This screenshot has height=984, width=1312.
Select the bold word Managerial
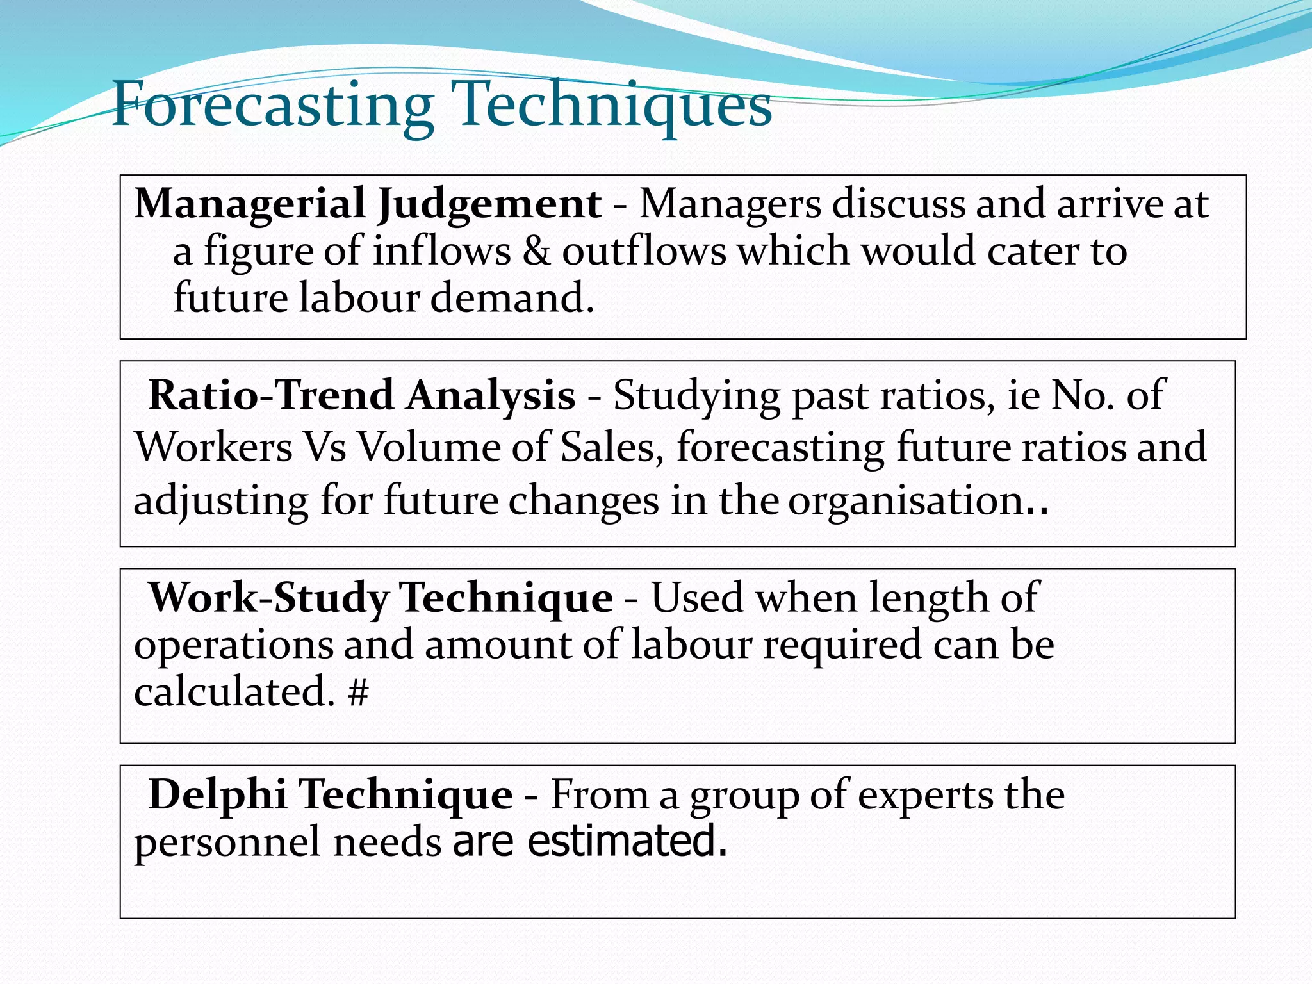(250, 204)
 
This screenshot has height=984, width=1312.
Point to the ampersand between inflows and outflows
(536, 251)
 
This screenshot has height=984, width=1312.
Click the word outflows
(644, 251)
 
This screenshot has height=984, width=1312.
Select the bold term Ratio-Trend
(271, 395)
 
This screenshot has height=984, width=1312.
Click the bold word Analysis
(491, 396)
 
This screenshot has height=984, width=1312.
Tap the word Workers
(213, 447)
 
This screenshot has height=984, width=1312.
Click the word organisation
(905, 500)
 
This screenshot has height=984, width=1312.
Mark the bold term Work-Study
(268, 598)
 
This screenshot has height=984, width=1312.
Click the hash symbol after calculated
(359, 693)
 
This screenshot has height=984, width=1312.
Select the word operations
(233, 646)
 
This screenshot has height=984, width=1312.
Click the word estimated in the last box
(627, 841)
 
